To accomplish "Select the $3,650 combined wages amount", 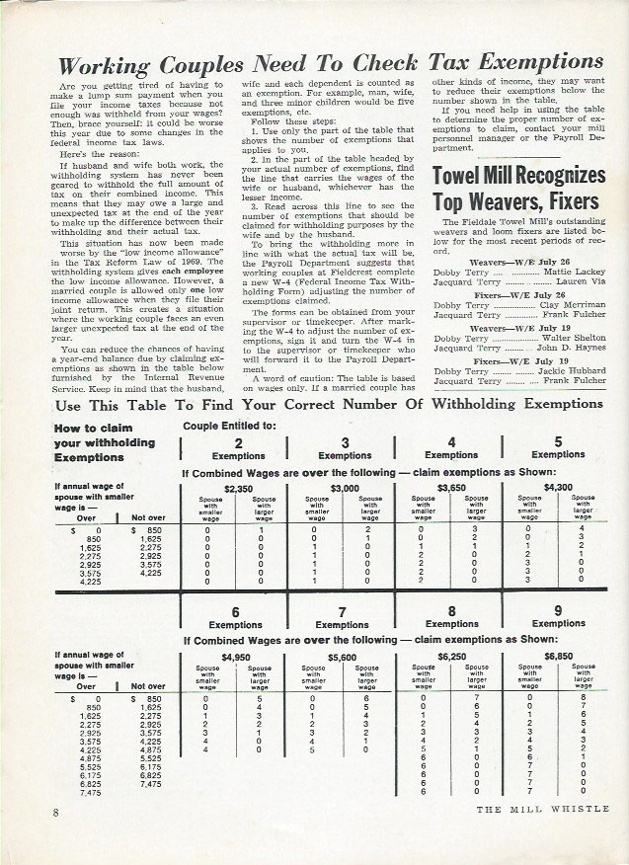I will [x=450, y=488].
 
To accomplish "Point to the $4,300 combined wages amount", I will [x=558, y=488].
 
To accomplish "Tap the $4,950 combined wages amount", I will [x=236, y=657].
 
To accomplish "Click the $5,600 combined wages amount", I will [x=343, y=657].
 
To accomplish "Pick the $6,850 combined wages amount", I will [x=558, y=657].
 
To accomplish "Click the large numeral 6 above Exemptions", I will [x=237, y=611].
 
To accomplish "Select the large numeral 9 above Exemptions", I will [x=558, y=610].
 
